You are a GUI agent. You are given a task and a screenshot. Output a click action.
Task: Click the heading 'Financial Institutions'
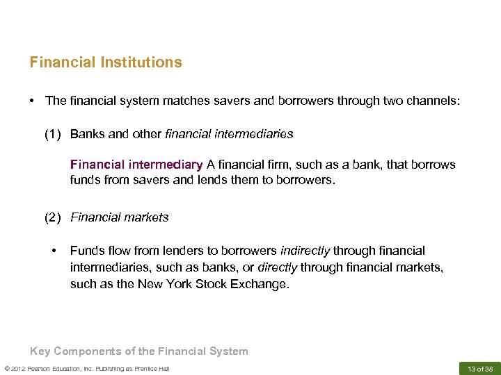coord(106,62)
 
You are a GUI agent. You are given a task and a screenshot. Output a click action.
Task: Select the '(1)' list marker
coord(51,133)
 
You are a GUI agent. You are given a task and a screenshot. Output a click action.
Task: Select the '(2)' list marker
coord(51,217)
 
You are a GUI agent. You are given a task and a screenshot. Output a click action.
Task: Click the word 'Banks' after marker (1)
coord(87,133)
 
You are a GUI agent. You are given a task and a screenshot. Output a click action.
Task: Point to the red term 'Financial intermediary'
coord(136,165)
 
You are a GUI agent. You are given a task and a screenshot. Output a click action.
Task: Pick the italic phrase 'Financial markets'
coord(120,217)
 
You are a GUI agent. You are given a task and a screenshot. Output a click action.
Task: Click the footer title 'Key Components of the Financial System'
coord(138,351)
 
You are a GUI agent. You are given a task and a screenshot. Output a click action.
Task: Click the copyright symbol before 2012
coord(6,368)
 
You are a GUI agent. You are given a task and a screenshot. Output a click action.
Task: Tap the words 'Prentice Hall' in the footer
coord(152,368)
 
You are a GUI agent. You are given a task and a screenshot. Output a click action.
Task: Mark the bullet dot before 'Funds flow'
coord(53,251)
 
